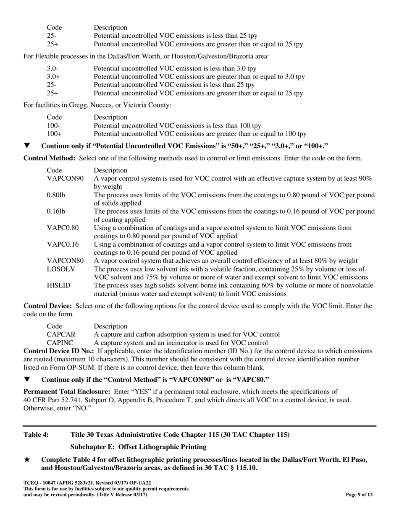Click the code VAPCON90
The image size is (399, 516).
coord(65,179)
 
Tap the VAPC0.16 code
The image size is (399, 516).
coord(63,244)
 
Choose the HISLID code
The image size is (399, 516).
coord(58,285)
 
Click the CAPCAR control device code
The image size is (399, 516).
coord(61,334)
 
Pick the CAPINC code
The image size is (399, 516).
coord(60,343)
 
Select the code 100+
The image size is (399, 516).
coord(54,134)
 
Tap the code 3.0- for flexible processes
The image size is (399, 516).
coord(52,68)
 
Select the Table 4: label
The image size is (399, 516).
coord(36,435)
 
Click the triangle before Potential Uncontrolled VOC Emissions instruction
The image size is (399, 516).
coord(27,146)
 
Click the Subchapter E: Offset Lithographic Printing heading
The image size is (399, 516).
coord(138,447)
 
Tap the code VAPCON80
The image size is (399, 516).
coord(65,261)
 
